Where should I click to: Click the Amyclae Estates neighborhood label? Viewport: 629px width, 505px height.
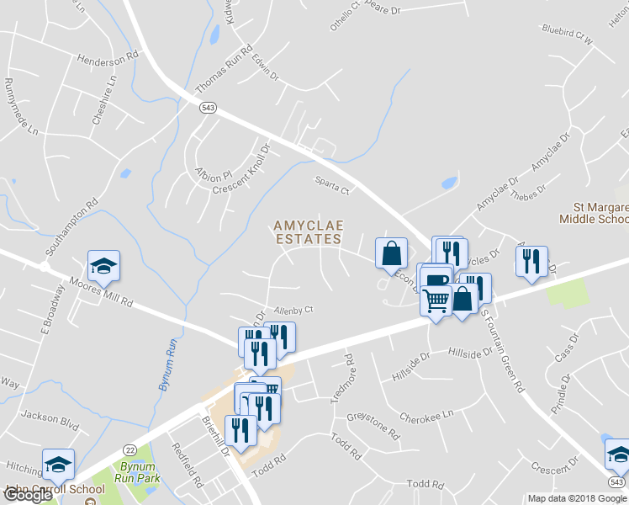(308, 232)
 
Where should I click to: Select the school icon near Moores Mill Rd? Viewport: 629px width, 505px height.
(104, 266)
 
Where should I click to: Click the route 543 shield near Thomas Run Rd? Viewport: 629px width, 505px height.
(209, 107)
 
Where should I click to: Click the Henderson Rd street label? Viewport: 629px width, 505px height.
(107, 60)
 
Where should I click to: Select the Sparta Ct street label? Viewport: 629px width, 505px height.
(331, 185)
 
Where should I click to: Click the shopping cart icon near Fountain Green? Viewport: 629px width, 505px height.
(436, 300)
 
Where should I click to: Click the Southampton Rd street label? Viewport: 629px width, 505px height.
(73, 226)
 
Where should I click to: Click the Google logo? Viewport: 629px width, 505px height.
(29, 495)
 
